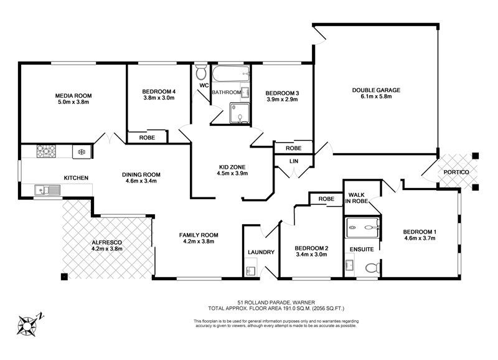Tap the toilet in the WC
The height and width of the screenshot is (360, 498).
coord(200,72)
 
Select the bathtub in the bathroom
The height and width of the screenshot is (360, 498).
coord(231,73)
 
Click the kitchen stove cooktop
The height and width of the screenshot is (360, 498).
coord(46,151)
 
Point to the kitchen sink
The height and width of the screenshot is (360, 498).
coord(47,190)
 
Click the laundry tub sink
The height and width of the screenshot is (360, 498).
coord(251,271)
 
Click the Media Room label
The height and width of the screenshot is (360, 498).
coord(73,96)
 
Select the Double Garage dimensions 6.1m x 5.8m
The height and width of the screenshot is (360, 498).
coord(376,97)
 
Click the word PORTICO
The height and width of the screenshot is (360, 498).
coord(456,172)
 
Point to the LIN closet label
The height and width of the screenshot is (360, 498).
coord(294,161)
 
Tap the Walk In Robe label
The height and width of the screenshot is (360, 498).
coord(356,198)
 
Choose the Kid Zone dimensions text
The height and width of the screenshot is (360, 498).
coord(232,174)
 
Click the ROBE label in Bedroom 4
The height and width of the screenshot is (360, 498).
coord(147,138)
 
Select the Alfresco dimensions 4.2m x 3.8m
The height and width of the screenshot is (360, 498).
coord(106,249)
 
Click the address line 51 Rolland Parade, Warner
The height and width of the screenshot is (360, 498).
coord(276,302)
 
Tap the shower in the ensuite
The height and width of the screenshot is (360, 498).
coord(363,227)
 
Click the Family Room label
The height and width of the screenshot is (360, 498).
coord(199,235)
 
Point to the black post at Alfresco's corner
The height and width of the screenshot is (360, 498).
coord(65,277)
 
